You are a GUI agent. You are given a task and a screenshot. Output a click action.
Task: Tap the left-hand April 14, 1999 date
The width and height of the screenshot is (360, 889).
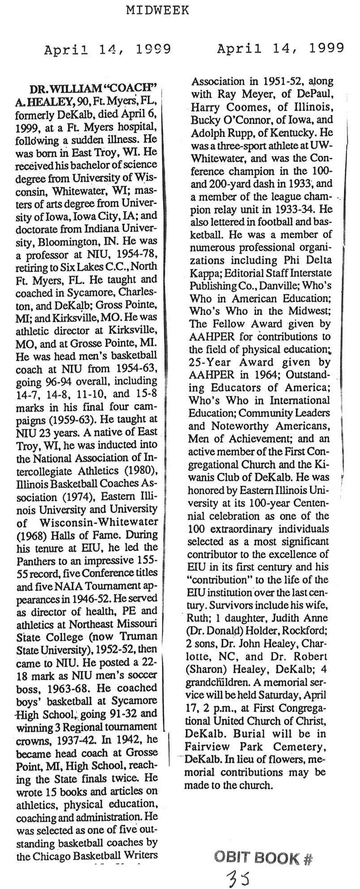click(x=107, y=50)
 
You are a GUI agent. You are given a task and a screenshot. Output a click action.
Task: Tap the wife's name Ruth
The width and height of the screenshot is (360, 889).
click(x=201, y=619)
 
